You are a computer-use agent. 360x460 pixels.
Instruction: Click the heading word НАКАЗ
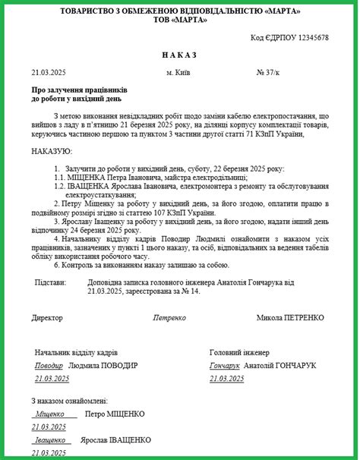pos(179,55)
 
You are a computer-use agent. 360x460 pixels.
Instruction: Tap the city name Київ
pos(183,73)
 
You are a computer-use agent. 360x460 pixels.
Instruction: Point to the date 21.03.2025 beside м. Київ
pos(49,73)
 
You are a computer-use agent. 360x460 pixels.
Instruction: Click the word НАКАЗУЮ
pos(52,151)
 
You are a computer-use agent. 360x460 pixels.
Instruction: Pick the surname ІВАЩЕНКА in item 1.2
pos(89,186)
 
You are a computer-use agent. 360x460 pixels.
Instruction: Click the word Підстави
pos(51,282)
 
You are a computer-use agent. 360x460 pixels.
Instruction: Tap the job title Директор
pos(47,317)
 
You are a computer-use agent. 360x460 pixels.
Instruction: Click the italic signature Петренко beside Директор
pos(169,317)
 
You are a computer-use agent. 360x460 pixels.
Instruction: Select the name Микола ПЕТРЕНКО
pos(290,317)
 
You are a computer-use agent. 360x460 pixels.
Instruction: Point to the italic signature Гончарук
pos(225,365)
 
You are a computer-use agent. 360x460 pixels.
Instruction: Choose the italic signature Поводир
pos(49,365)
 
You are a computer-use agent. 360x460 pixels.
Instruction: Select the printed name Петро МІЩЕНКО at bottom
pos(115,414)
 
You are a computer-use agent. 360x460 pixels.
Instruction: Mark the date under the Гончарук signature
pos(228,378)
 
